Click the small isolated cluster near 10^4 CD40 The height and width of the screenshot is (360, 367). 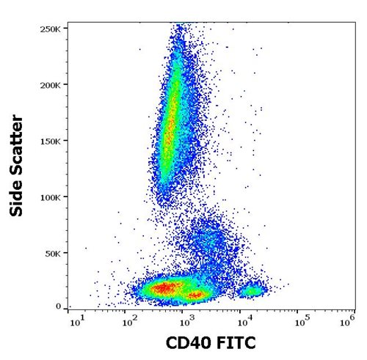pos(253,291)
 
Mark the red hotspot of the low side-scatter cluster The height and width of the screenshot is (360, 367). pos(165,288)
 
